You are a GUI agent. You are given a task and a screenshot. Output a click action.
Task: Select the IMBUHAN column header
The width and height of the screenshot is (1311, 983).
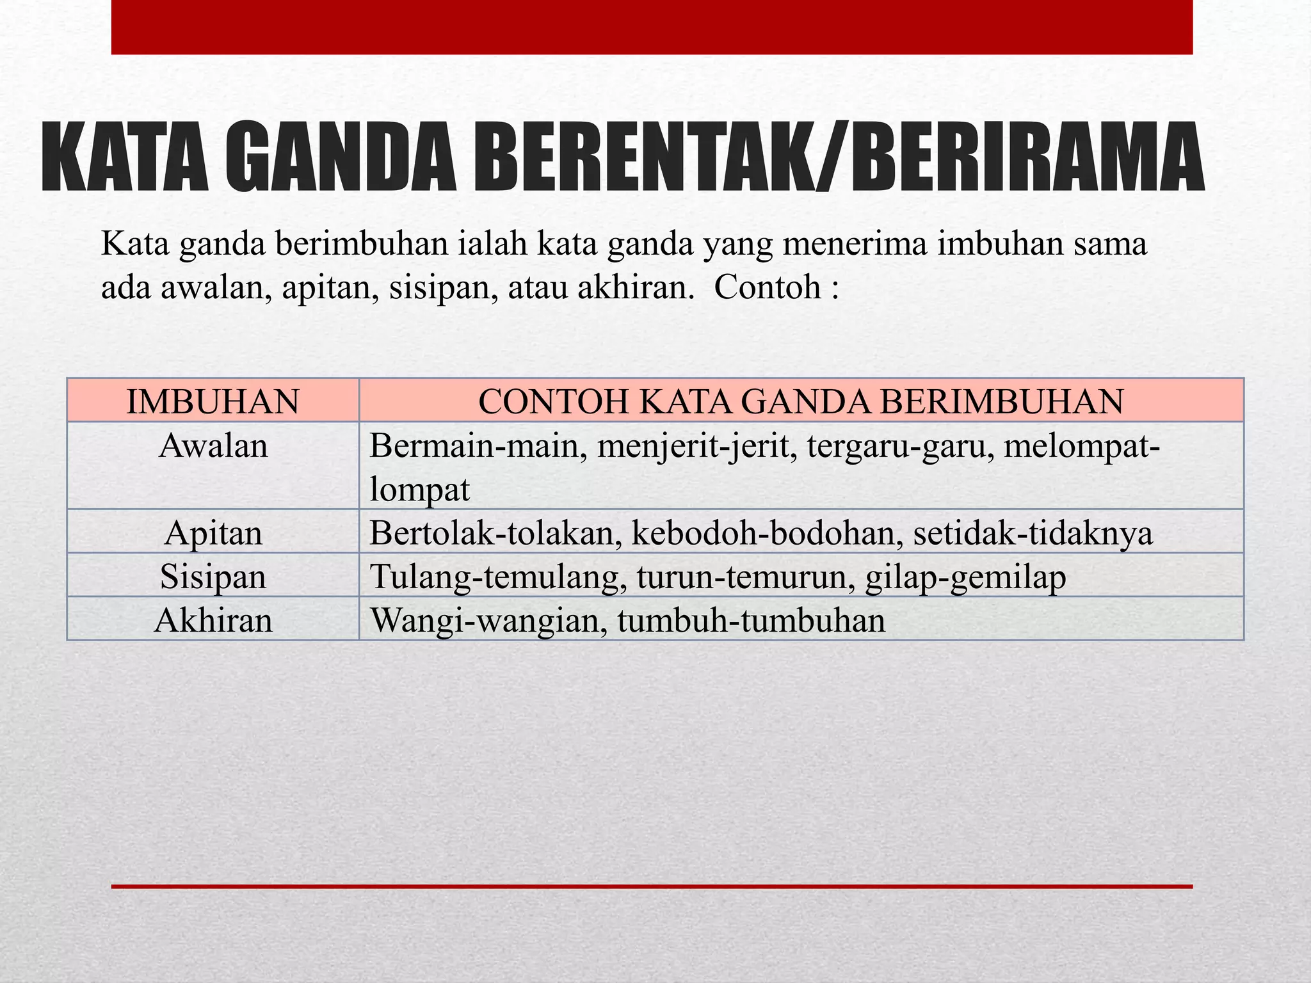click(213, 401)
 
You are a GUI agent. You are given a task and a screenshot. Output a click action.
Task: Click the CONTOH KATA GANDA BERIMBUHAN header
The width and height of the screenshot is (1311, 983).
click(801, 401)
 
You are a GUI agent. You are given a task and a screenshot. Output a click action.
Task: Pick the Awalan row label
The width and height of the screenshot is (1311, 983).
click(213, 445)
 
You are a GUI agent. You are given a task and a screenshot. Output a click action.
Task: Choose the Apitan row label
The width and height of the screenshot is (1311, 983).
click(213, 532)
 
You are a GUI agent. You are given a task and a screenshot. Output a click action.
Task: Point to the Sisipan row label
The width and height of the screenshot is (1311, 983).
click(213, 576)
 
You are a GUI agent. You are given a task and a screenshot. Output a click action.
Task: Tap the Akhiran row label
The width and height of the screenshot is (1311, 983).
click(213, 620)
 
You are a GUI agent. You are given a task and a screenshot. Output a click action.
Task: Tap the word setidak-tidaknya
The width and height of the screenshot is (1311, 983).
click(1033, 532)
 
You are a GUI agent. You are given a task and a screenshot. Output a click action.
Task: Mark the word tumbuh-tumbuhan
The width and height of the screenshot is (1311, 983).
click(751, 620)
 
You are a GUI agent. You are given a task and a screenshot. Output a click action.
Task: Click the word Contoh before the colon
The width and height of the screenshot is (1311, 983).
click(767, 287)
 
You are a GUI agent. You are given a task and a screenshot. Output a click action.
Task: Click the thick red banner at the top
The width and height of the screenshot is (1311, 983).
click(652, 27)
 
